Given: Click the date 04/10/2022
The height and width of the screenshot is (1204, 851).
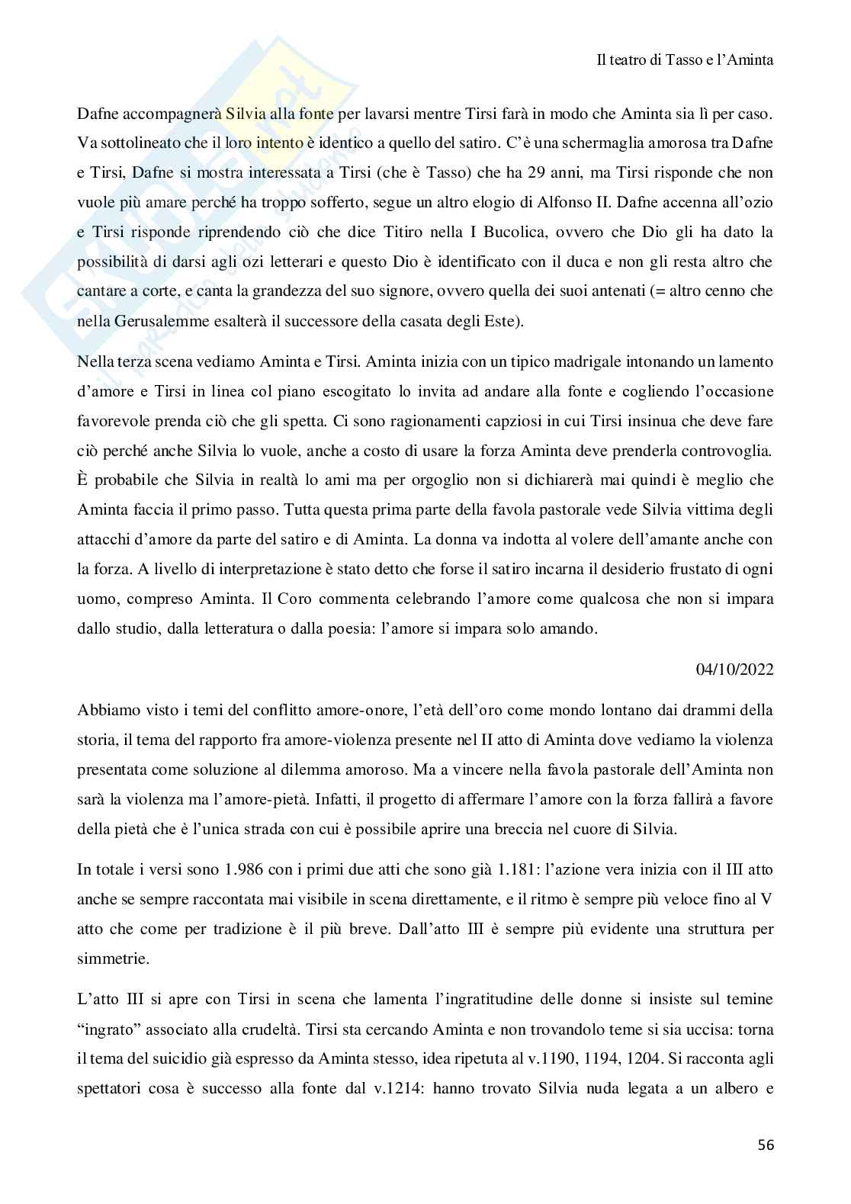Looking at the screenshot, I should tap(734, 669).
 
